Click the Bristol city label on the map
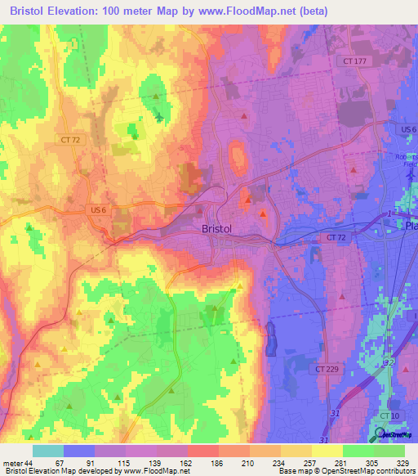[217, 230]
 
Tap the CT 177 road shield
[351, 61]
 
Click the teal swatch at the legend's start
[47, 451]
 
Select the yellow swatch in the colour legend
[327, 451]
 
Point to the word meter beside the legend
[12, 464]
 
